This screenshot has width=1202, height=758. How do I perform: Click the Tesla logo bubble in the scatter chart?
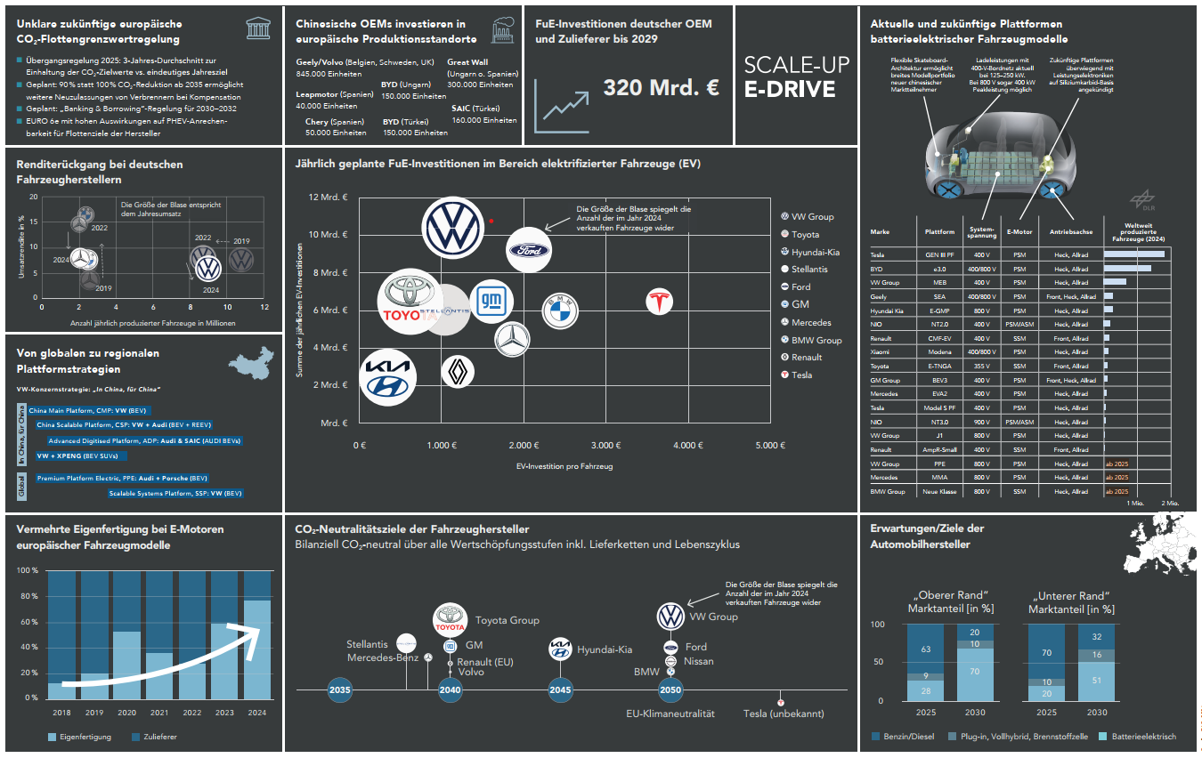(660, 302)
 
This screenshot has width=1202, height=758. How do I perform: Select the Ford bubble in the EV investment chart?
(529, 250)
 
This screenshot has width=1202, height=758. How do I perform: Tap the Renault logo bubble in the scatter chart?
(459, 371)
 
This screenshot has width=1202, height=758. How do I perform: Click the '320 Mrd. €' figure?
(661, 88)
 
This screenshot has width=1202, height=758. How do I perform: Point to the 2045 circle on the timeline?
(560, 690)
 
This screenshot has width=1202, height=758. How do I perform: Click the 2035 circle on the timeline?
(339, 690)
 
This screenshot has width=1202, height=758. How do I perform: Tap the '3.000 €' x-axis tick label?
(605, 445)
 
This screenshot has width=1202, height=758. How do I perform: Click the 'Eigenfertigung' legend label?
(85, 737)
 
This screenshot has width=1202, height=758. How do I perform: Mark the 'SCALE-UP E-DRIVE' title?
(796, 77)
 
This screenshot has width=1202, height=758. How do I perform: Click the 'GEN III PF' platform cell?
(939, 254)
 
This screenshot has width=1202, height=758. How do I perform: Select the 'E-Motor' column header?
(1019, 230)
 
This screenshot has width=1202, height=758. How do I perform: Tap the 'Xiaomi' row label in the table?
(882, 351)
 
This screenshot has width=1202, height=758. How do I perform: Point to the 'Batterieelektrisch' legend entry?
(1142, 737)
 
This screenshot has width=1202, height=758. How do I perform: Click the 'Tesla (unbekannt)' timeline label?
(784, 714)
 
